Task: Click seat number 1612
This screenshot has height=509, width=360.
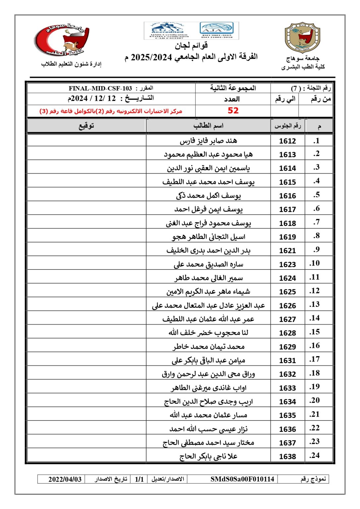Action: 287,141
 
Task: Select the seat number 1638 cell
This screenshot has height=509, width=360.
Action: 287,456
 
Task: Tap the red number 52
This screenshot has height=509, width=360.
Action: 233,111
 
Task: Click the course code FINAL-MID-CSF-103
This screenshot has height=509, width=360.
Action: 100,88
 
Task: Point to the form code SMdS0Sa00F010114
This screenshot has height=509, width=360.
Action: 242,479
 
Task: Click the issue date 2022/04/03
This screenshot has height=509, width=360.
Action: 65,479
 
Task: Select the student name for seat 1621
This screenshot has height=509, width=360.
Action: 208,251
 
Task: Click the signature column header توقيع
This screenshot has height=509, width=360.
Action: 86,126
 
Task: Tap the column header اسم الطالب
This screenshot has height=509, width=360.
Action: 208,126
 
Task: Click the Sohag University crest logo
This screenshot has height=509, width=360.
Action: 302,38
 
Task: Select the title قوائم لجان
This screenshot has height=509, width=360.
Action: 191,45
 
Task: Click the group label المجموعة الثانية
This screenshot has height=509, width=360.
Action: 233,88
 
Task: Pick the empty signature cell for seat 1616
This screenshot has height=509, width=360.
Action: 86,195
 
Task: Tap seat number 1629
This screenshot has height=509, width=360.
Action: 287,347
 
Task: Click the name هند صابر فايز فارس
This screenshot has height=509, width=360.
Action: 208,141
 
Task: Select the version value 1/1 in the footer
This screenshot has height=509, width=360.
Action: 139,479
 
